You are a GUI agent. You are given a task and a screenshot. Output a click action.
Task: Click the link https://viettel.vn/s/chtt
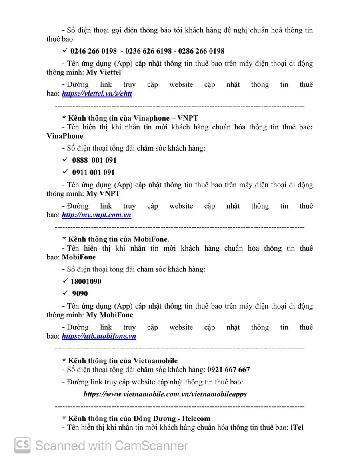[97, 94]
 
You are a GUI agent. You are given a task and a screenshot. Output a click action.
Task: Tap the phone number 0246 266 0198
[94, 51]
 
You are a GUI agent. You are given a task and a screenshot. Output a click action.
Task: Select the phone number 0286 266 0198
[201, 51]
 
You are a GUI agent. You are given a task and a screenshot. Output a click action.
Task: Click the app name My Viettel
[104, 72]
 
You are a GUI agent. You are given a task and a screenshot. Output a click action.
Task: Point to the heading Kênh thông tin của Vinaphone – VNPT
[130, 118]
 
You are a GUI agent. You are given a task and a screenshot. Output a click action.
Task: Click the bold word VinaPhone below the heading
[65, 136]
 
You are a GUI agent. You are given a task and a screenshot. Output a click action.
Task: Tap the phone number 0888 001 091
[94, 160]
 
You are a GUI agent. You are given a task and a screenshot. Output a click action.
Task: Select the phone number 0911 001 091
[93, 173]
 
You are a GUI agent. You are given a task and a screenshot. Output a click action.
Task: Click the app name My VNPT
[103, 194]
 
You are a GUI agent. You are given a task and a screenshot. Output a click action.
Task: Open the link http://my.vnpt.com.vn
[96, 215]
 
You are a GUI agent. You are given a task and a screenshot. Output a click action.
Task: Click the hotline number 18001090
[86, 281]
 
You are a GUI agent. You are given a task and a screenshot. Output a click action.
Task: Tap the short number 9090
[80, 293]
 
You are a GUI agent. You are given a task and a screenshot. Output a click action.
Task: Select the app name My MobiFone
[110, 315]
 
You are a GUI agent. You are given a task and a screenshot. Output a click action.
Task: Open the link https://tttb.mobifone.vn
[99, 337]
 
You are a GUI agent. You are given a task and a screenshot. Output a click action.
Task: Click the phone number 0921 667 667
[228, 369]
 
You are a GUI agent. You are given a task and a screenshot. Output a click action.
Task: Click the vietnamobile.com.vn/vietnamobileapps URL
[165, 394]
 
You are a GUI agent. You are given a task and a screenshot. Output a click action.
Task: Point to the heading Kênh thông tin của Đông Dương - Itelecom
[136, 418]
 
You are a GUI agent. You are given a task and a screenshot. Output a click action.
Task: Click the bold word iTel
[297, 427]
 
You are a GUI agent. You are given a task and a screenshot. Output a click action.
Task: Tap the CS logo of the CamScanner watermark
[22, 445]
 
